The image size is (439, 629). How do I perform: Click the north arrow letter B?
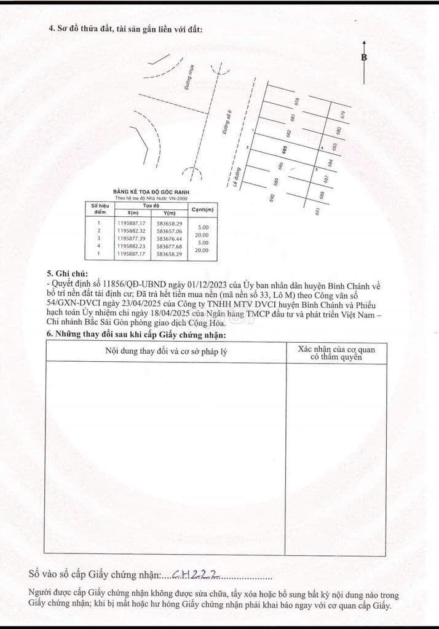click(364, 57)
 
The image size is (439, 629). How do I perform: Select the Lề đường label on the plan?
click(235, 177)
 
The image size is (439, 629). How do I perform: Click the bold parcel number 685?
click(284, 150)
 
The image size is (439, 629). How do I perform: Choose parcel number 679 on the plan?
click(342, 115)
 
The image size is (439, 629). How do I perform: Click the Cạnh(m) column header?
click(203, 209)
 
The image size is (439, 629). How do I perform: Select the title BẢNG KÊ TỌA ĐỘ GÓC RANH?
click(151, 192)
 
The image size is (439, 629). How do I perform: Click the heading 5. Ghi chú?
click(67, 273)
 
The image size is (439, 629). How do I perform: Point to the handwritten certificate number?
click(196, 574)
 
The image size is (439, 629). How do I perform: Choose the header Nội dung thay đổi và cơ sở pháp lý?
click(165, 351)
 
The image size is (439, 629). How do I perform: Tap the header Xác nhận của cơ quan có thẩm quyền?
click(336, 353)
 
